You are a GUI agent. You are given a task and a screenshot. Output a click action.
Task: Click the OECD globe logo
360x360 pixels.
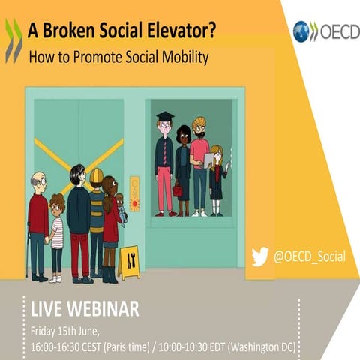[x=301, y=31]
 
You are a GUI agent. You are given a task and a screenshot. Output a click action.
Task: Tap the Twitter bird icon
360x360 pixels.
[x=260, y=256]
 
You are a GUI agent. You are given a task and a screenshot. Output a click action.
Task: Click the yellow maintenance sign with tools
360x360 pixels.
[x=129, y=262]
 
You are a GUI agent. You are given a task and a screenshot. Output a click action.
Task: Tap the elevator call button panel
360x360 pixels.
[x=134, y=193]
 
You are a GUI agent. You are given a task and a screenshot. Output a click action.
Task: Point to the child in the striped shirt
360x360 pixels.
[x=57, y=232]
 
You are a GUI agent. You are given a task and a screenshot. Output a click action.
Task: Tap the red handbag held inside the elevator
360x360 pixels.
[x=178, y=190]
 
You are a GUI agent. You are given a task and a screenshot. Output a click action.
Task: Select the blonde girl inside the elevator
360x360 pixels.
[x=217, y=176]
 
